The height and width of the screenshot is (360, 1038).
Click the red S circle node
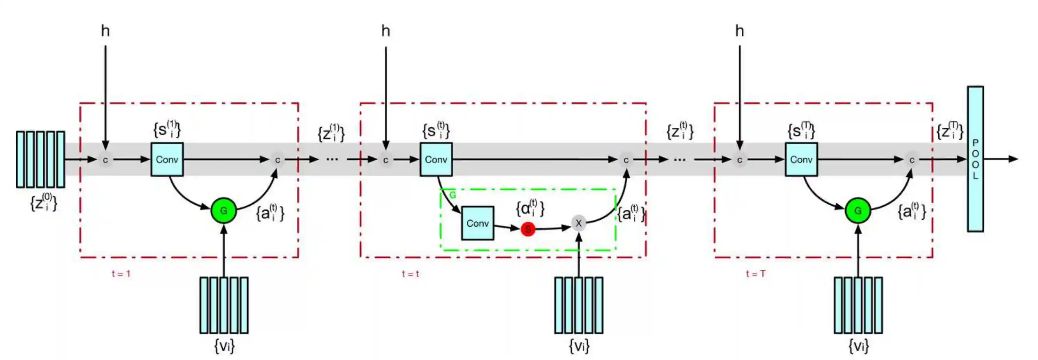[528, 229]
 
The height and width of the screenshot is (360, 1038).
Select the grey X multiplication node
[579, 223]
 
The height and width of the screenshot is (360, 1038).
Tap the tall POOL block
[975, 159]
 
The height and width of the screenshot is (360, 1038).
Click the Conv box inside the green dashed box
[477, 223]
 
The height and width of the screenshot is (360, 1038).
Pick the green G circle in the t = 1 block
[223, 210]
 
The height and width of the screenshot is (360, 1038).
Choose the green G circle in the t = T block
[858, 210]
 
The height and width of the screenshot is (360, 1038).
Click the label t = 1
[121, 274]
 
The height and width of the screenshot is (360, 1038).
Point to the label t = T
[756, 274]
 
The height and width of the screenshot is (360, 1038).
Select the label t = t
[410, 274]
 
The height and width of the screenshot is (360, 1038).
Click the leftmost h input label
[105, 31]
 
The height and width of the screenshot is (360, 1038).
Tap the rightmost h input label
[739, 31]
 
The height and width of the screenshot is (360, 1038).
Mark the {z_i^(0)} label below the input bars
[44, 202]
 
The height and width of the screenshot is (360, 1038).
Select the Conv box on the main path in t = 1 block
[167, 159]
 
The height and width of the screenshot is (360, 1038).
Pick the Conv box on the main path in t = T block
[801, 159]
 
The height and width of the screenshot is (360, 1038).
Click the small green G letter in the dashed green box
[452, 195]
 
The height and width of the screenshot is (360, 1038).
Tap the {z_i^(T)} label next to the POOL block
[950, 131]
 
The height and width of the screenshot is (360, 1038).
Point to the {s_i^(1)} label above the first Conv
[167, 129]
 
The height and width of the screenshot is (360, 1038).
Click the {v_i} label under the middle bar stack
[579, 346]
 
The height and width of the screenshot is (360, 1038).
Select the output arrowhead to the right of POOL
[1013, 159]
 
